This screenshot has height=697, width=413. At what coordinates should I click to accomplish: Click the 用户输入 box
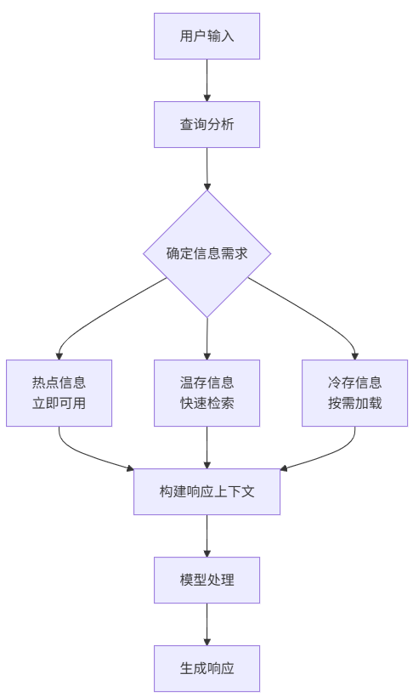[206, 36]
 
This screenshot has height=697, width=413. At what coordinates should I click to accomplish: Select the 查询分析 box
[206, 124]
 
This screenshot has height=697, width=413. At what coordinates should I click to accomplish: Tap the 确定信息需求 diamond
[206, 253]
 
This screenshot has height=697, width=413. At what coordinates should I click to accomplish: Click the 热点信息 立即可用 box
[59, 393]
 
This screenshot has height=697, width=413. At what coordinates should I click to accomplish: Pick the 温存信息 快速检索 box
[206, 393]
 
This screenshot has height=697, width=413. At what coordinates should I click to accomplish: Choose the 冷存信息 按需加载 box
[354, 393]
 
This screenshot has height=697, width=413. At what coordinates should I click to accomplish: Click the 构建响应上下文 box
[206, 492]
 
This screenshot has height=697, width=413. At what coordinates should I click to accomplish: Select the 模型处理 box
[206, 581]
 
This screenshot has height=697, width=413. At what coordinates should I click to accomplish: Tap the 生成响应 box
[206, 668]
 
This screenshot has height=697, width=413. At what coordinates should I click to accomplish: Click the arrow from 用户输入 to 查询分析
[206, 80]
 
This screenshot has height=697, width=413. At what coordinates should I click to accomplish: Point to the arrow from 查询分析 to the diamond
[206, 168]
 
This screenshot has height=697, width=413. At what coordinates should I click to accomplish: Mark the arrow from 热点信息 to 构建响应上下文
[85, 455]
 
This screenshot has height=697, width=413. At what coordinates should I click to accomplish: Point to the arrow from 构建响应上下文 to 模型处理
[206, 535]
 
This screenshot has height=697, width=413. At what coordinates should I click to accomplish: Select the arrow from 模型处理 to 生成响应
[206, 624]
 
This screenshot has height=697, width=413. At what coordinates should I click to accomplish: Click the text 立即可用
[59, 403]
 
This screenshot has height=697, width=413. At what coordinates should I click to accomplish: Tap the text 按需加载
[354, 403]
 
